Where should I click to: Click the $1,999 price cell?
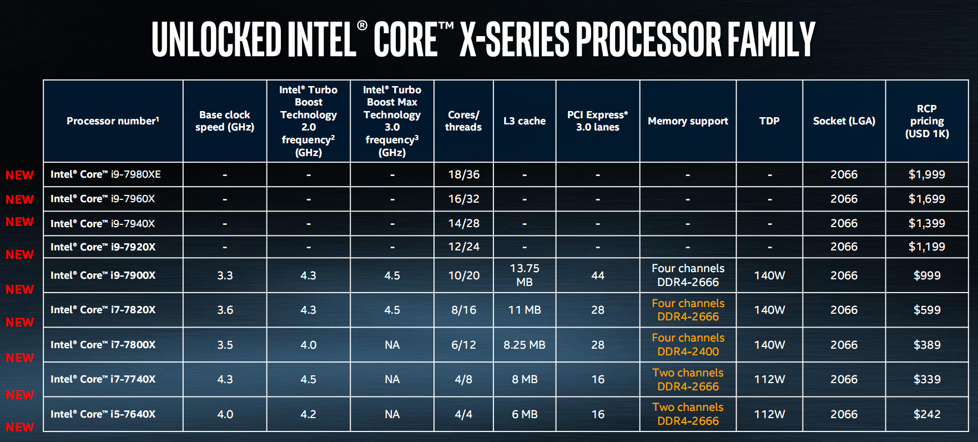(926, 174)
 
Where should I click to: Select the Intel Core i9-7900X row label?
(103, 275)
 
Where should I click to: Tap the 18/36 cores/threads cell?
(463, 174)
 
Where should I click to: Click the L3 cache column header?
(524, 121)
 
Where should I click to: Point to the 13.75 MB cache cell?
(524, 275)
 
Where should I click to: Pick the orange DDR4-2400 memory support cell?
(688, 345)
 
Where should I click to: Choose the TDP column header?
(769, 121)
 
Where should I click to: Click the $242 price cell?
(926, 414)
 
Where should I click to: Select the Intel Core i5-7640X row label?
(103, 414)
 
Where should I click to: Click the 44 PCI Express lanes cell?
(598, 275)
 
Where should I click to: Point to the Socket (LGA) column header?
(844, 121)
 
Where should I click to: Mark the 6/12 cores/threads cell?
(463, 345)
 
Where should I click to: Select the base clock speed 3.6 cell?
(225, 310)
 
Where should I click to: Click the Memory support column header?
(688, 121)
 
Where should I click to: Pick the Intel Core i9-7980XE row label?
(105, 174)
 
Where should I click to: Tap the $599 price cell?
(926, 310)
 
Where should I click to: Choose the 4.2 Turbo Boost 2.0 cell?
(308, 414)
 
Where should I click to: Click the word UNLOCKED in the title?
(216, 39)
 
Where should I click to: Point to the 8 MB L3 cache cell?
(524, 379)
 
